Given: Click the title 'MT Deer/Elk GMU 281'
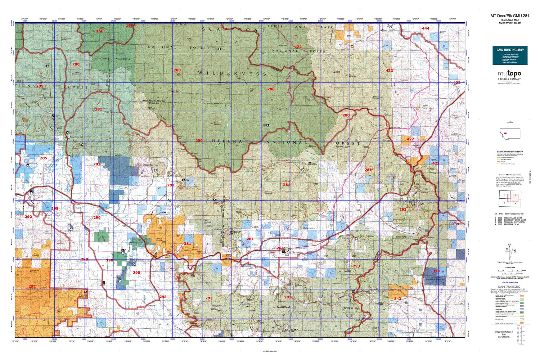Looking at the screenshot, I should pos(510,16).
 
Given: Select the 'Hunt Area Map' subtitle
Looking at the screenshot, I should pos(510,20).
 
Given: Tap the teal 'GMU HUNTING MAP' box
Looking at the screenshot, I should pos(510,55).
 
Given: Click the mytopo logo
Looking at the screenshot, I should pos(509,74).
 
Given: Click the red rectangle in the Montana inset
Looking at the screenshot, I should pos(506,133).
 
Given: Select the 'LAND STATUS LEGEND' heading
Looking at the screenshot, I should pos(509,287).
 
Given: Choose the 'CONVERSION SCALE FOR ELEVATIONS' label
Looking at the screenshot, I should pos(504,334).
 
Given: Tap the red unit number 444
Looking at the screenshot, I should pos(426,28).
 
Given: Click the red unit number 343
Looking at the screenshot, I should pos(397,299).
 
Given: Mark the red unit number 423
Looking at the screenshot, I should pos(436,163).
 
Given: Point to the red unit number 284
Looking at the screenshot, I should pos(280,248).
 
